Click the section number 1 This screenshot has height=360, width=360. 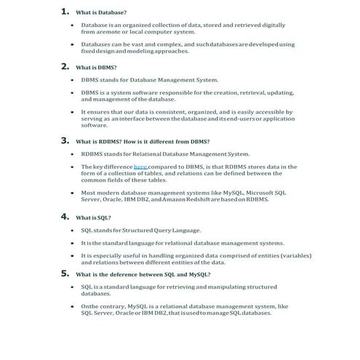pos(65,12)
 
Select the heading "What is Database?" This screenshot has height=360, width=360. pos(101,13)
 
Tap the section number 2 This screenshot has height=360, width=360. pos(65,66)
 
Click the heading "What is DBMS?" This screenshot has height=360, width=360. pos(96,68)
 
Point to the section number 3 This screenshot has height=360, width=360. pos(65,140)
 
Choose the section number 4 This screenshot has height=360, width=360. pos(65,216)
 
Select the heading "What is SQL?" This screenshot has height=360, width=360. pos(93,217)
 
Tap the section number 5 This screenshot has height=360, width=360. pos(65,273)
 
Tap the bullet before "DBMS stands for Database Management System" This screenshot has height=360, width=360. pos(72,80)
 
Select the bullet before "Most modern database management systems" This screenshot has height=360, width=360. pos(72,192)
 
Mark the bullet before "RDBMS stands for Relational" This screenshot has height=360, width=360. pos(72,154)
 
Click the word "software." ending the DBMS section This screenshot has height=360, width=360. pos(94,125)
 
